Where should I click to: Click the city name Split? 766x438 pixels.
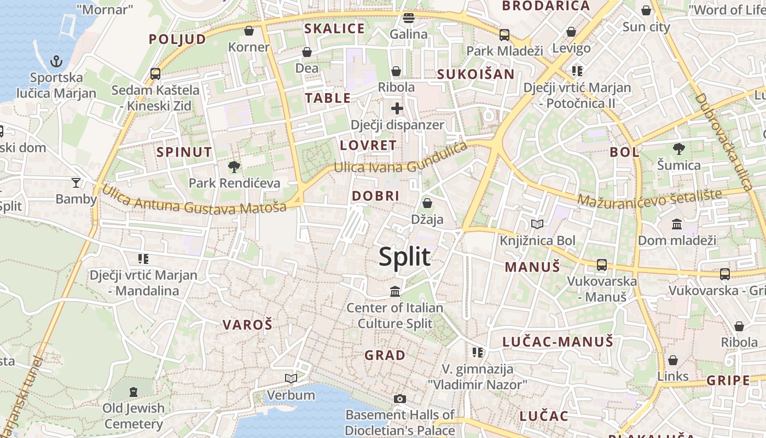[404, 257]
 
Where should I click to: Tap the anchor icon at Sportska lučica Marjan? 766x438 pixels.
[56, 61]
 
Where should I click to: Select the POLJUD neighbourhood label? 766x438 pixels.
[177, 39]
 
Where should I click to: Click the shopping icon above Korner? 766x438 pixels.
[249, 31]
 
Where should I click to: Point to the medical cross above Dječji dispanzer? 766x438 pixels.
[397, 108]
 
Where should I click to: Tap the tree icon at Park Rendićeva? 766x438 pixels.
[234, 166]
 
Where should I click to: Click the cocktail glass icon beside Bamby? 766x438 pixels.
[76, 182]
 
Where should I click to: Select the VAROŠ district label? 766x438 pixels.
[247, 325]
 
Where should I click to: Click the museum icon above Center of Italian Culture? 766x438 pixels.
[395, 291]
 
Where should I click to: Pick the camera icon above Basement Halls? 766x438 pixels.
[400, 399]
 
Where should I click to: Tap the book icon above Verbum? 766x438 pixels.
[291, 378]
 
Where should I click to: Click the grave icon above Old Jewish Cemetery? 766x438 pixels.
[134, 392]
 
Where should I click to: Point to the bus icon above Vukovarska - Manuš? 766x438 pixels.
[602, 265]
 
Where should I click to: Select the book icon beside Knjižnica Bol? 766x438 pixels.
[537, 224]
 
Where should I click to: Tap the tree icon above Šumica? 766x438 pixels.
[678, 148]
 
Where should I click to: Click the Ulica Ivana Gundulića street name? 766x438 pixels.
[401, 159]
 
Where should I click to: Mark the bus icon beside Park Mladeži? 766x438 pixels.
[504, 35]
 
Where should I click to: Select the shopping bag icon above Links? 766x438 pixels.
[673, 360]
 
